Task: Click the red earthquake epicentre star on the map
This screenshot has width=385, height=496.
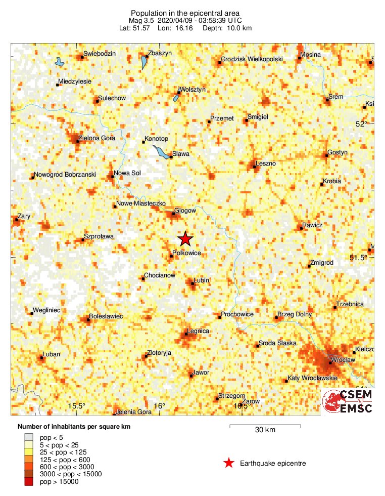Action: tap(185, 239)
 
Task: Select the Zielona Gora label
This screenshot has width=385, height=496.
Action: tap(98, 138)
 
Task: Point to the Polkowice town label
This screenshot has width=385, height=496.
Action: tap(187, 252)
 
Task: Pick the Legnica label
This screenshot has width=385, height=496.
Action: tap(198, 331)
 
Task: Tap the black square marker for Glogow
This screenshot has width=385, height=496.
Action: tap(174, 214)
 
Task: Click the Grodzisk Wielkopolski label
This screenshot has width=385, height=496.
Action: tap(253, 60)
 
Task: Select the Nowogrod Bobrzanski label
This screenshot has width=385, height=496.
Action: tap(65, 175)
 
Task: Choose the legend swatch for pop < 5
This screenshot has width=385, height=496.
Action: tap(28, 437)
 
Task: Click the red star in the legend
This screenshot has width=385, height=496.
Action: tap(229, 463)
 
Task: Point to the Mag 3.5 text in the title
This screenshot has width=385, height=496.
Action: tap(141, 20)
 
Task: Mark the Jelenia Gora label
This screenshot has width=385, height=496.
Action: tap(134, 412)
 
